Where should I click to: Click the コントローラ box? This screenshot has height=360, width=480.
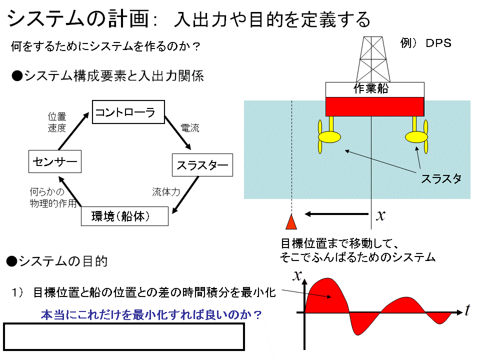[128, 112]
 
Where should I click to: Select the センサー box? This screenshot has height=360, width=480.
[55, 161]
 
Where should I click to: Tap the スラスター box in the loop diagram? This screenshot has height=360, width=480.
[202, 165]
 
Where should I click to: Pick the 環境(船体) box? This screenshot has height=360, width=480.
[124, 216]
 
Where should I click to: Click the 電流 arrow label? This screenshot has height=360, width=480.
[190, 127]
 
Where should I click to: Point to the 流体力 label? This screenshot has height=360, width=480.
[166, 192]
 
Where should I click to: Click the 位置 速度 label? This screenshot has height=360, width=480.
[57, 122]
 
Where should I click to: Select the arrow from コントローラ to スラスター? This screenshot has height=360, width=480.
[178, 132]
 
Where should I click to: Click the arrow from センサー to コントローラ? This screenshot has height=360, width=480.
[74, 131]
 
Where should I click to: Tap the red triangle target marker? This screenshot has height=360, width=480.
[291, 222]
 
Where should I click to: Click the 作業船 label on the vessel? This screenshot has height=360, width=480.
[371, 88]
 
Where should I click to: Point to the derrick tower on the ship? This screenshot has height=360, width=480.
[373, 59]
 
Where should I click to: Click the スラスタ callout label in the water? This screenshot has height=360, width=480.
[441, 178]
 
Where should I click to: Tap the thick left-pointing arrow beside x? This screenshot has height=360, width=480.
[336, 214]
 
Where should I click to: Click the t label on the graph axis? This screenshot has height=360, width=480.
[467, 310]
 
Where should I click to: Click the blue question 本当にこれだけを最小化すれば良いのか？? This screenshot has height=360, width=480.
[151, 314]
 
